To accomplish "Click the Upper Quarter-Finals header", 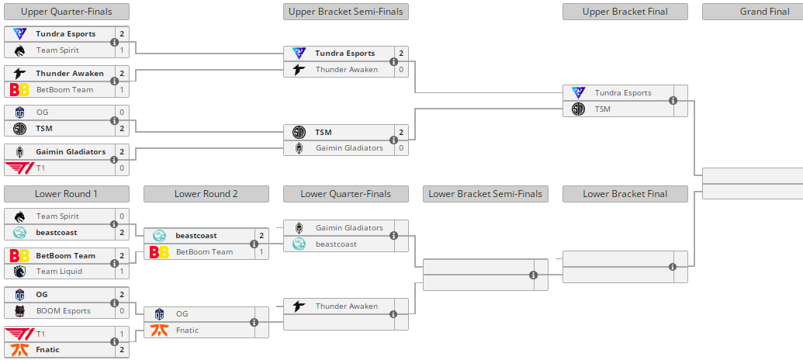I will pyautogui.click(x=66, y=12).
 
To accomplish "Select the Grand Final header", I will pyautogui.click(x=752, y=12).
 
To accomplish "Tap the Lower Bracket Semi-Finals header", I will pyautogui.click(x=485, y=194).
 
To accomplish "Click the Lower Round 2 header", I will pyautogui.click(x=206, y=194).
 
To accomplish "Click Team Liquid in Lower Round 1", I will pyautogui.click(x=59, y=272).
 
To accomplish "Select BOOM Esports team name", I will pyautogui.click(x=64, y=311).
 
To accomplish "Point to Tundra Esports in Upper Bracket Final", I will pyautogui.click(x=623, y=93).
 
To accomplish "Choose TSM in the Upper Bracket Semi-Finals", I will pyautogui.click(x=324, y=133).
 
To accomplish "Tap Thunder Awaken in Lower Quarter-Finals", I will pyautogui.click(x=346, y=306).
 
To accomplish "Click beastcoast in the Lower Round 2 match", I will pyautogui.click(x=197, y=236).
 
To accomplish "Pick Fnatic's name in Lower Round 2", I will pyautogui.click(x=187, y=331).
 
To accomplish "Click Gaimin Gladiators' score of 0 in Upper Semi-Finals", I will pyautogui.click(x=401, y=148).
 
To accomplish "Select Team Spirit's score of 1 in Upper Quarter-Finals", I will pyautogui.click(x=122, y=50).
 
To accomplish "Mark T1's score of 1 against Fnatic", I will pyautogui.click(x=122, y=334).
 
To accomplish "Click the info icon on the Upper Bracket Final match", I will pyautogui.click(x=673, y=101).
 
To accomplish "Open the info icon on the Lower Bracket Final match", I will pyautogui.click(x=673, y=267).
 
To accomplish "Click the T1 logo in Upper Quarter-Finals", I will pyautogui.click(x=19, y=168).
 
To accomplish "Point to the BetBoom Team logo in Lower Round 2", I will pyautogui.click(x=159, y=252).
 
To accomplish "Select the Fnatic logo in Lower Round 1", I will pyautogui.click(x=19, y=350).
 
